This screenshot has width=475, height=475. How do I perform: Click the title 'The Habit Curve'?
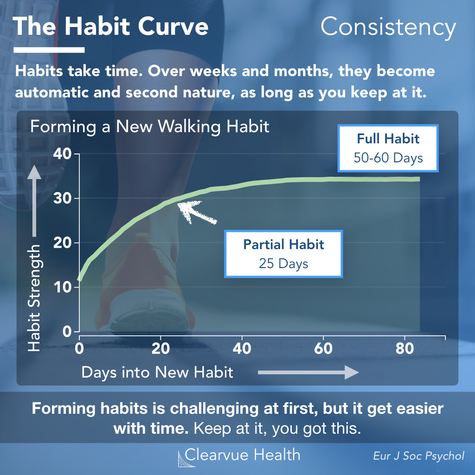(110, 26)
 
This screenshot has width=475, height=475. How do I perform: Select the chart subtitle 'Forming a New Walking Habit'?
(150, 127)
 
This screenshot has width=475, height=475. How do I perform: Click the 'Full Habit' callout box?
(388, 148)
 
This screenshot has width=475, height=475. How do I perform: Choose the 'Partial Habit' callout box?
(283, 254)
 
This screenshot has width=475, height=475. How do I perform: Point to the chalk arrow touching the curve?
(196, 212)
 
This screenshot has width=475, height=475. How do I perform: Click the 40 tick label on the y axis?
(63, 154)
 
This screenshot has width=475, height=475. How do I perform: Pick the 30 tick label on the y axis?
(63, 199)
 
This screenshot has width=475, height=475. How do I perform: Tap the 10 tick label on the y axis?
(63, 287)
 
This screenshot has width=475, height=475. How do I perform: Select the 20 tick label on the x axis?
(160, 348)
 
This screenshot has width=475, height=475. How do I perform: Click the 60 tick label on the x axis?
(323, 348)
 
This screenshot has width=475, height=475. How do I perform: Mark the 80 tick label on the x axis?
(404, 348)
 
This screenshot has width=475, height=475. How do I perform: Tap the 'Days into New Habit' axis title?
(157, 372)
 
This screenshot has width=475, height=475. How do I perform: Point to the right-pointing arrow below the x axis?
(308, 372)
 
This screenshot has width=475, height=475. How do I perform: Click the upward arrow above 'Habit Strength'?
(34, 201)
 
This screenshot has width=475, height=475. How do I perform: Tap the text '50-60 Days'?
(388, 158)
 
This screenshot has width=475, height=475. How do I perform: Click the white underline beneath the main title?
(49, 50)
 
